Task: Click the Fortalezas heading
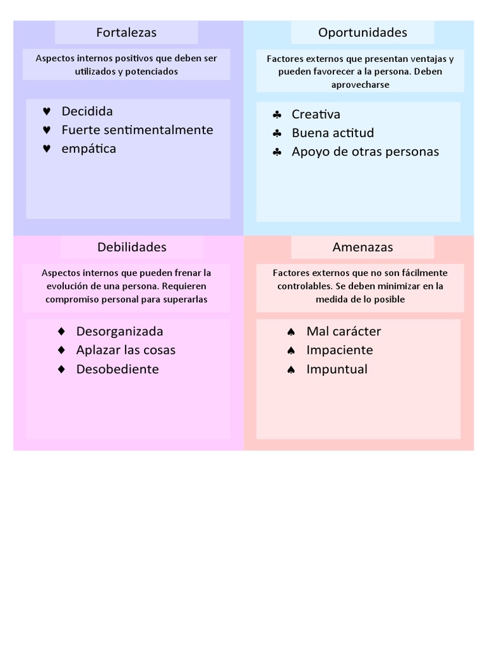coord(126,32)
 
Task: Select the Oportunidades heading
coord(362,32)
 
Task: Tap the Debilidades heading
coord(132,247)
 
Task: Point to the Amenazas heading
coord(362,247)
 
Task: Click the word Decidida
coord(87,111)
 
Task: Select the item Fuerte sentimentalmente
coord(137,130)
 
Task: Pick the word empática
coord(88,149)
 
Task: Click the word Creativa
coord(316,114)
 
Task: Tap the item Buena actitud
coord(333,133)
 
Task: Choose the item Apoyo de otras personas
coord(365,152)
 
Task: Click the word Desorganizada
coord(119,331)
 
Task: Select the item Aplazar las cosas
coord(126,350)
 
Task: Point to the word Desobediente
coord(117,369)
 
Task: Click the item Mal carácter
coord(344,331)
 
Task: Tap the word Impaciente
coord(340,350)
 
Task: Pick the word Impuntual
coord(337,369)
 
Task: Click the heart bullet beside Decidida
coord(47,112)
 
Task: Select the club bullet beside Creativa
coord(277,115)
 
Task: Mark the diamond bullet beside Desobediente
coord(61,369)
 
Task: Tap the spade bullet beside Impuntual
coord(291,370)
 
